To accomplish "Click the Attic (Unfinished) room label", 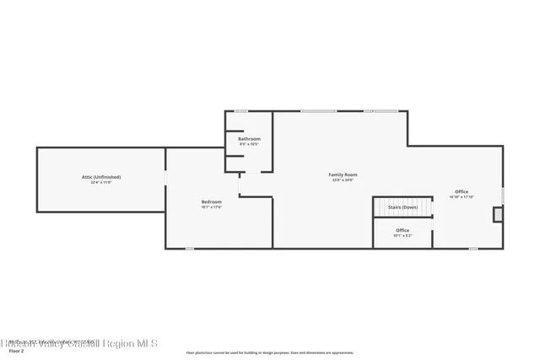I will click(100, 177).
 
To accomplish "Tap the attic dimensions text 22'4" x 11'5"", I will click(100, 182).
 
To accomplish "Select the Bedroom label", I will click(211, 201).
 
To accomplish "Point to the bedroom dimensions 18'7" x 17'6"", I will click(211, 207).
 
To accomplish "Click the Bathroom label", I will click(249, 138).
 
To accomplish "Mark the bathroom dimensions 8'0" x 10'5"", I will click(249, 143).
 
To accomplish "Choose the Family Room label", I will click(341, 175).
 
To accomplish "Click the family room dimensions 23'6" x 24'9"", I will click(341, 180).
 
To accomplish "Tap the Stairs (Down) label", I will click(402, 207).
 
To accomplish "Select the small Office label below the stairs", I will click(402, 230).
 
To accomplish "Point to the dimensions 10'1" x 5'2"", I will click(402, 235).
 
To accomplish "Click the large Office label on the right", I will click(462, 191).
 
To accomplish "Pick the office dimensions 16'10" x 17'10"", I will click(462, 196).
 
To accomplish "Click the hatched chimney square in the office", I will click(499, 215).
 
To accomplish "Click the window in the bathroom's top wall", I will click(241, 111).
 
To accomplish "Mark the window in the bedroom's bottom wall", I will click(190, 248).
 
